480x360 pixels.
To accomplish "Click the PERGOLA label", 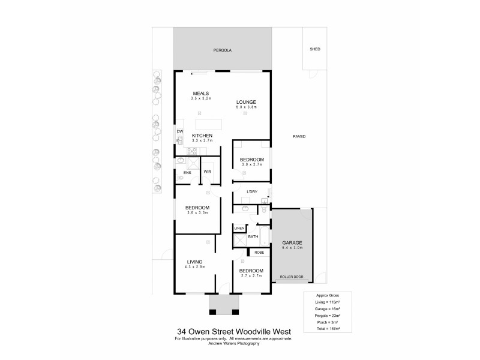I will (x=223, y=50).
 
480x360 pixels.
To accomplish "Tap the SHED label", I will (x=315, y=50).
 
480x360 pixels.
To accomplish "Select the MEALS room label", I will (x=200, y=93).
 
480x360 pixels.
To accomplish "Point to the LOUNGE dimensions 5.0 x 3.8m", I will (x=246, y=107).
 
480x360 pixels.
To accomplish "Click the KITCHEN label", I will (x=202, y=136).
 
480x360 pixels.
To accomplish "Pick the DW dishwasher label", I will (x=179, y=131).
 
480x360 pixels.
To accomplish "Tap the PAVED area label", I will (x=299, y=136).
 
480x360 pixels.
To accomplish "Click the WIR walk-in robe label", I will (x=208, y=172).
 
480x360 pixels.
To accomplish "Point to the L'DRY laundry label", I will (x=252, y=191).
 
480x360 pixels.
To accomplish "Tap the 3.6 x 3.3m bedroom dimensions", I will (x=197, y=212).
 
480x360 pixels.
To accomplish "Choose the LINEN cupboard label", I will (x=239, y=229).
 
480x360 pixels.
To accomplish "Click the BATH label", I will (x=253, y=237).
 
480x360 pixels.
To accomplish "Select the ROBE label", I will (x=259, y=253).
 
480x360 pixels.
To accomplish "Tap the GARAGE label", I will (x=292, y=242).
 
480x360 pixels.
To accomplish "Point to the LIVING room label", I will (x=194, y=262).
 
